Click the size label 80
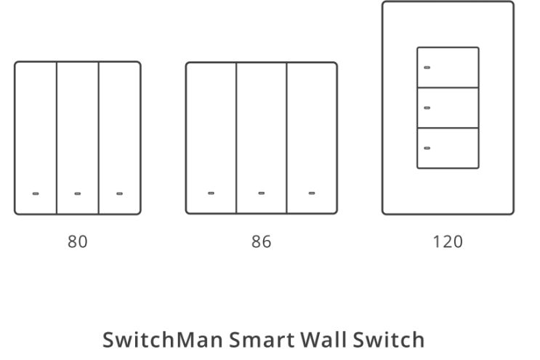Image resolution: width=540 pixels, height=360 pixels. (78, 241)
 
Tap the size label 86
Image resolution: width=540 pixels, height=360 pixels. (262, 241)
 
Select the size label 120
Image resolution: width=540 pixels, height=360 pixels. (448, 241)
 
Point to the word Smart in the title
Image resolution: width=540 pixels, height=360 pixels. (262, 340)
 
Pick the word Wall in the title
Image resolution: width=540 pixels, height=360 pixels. (323, 340)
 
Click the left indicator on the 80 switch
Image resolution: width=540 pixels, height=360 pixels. (36, 193)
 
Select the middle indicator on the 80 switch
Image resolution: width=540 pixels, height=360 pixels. (78, 193)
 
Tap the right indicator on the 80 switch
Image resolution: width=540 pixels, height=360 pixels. (119, 193)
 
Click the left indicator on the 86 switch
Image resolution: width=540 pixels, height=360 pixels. (211, 193)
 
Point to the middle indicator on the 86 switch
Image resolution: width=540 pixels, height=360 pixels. (262, 193)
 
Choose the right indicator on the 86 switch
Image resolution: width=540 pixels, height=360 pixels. (312, 193)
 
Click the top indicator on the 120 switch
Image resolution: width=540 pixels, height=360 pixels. (427, 68)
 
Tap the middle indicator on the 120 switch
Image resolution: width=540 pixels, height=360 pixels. (427, 108)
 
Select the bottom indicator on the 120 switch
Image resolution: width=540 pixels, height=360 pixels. (427, 148)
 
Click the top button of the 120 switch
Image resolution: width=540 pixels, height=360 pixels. (448, 68)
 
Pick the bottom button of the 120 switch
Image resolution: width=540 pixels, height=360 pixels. (448, 148)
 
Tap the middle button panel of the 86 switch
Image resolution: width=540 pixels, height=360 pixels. (262, 138)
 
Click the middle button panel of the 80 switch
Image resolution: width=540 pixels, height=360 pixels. (78, 138)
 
